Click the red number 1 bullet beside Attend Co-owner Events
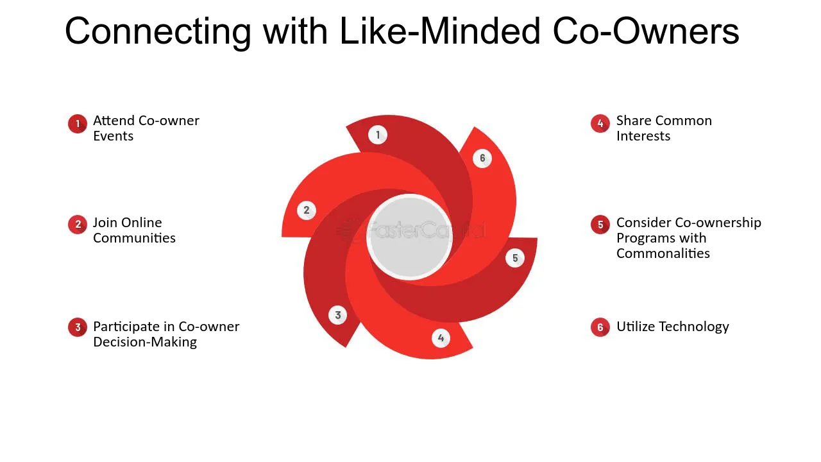(78, 124)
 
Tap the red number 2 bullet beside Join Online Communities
(78, 224)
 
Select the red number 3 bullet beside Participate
(78, 327)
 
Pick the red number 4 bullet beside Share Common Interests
(600, 123)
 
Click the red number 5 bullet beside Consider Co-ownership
(600, 224)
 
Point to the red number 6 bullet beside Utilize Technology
(600, 327)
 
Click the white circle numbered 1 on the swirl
(378, 135)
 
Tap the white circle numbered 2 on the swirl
(307, 210)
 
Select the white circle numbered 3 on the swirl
(337, 315)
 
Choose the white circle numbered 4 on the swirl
(441, 338)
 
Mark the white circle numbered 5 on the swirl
(515, 258)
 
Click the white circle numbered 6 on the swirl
(482, 158)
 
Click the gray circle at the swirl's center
(409, 237)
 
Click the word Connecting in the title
(158, 32)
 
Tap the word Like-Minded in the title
(440, 31)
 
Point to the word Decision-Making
(145, 342)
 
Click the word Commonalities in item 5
(663, 253)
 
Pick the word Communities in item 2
(134, 238)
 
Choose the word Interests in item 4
(643, 136)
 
